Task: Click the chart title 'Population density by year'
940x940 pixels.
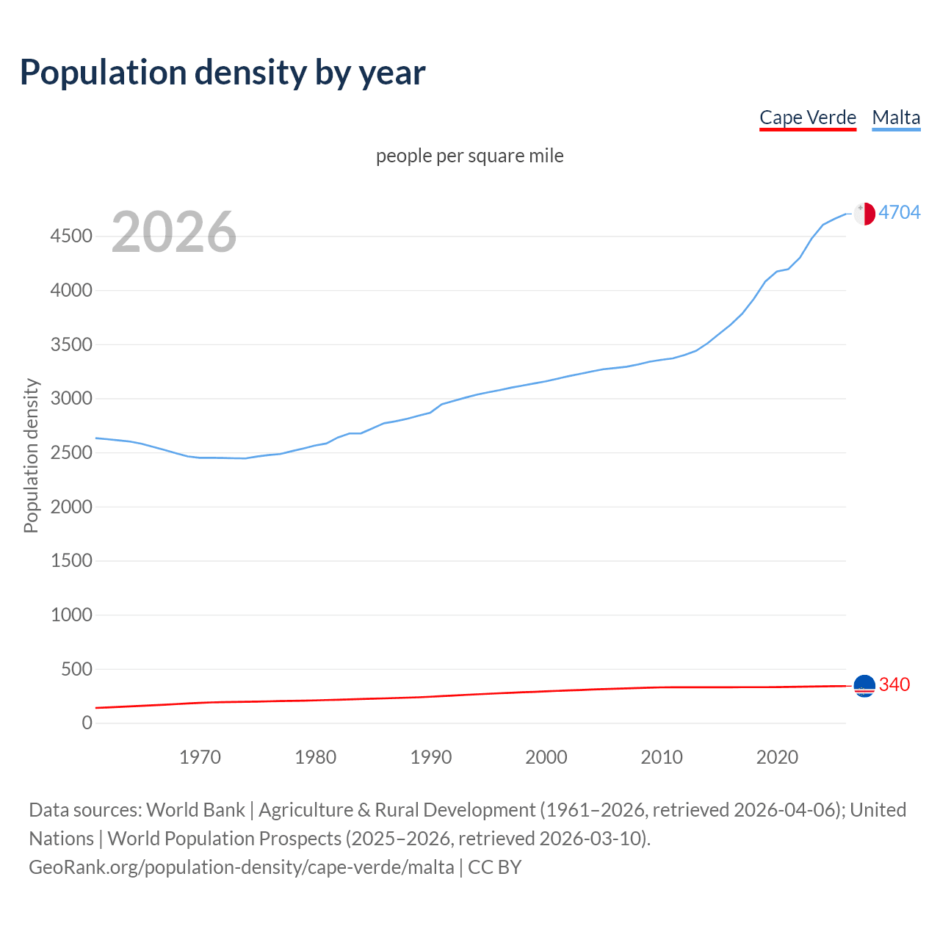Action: pos(223,73)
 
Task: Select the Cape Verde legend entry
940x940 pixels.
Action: pos(808,117)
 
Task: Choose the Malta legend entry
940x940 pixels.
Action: pos(896,117)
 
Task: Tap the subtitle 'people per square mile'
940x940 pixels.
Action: pos(470,156)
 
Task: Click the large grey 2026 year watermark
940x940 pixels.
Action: pos(174,232)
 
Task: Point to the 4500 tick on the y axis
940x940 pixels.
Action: pos(71,236)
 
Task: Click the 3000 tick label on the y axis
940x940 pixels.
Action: pos(71,399)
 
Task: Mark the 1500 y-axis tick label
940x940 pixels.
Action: pos(71,561)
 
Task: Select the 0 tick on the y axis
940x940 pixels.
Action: pos(87,723)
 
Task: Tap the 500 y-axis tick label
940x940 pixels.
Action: pos(76,669)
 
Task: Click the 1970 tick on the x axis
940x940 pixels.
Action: pos(200,757)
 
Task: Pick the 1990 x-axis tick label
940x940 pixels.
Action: pos(431,757)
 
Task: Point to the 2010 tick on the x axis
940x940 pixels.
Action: pos(662,757)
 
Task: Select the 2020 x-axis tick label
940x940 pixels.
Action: pos(777,757)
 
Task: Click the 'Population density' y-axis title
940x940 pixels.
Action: pos(31,455)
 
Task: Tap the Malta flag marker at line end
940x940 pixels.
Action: pos(864,214)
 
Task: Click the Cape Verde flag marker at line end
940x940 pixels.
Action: pos(864,686)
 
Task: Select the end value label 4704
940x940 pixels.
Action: pos(900,213)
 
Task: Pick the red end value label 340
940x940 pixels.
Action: pos(894,685)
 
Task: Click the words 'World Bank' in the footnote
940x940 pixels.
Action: pos(195,810)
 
